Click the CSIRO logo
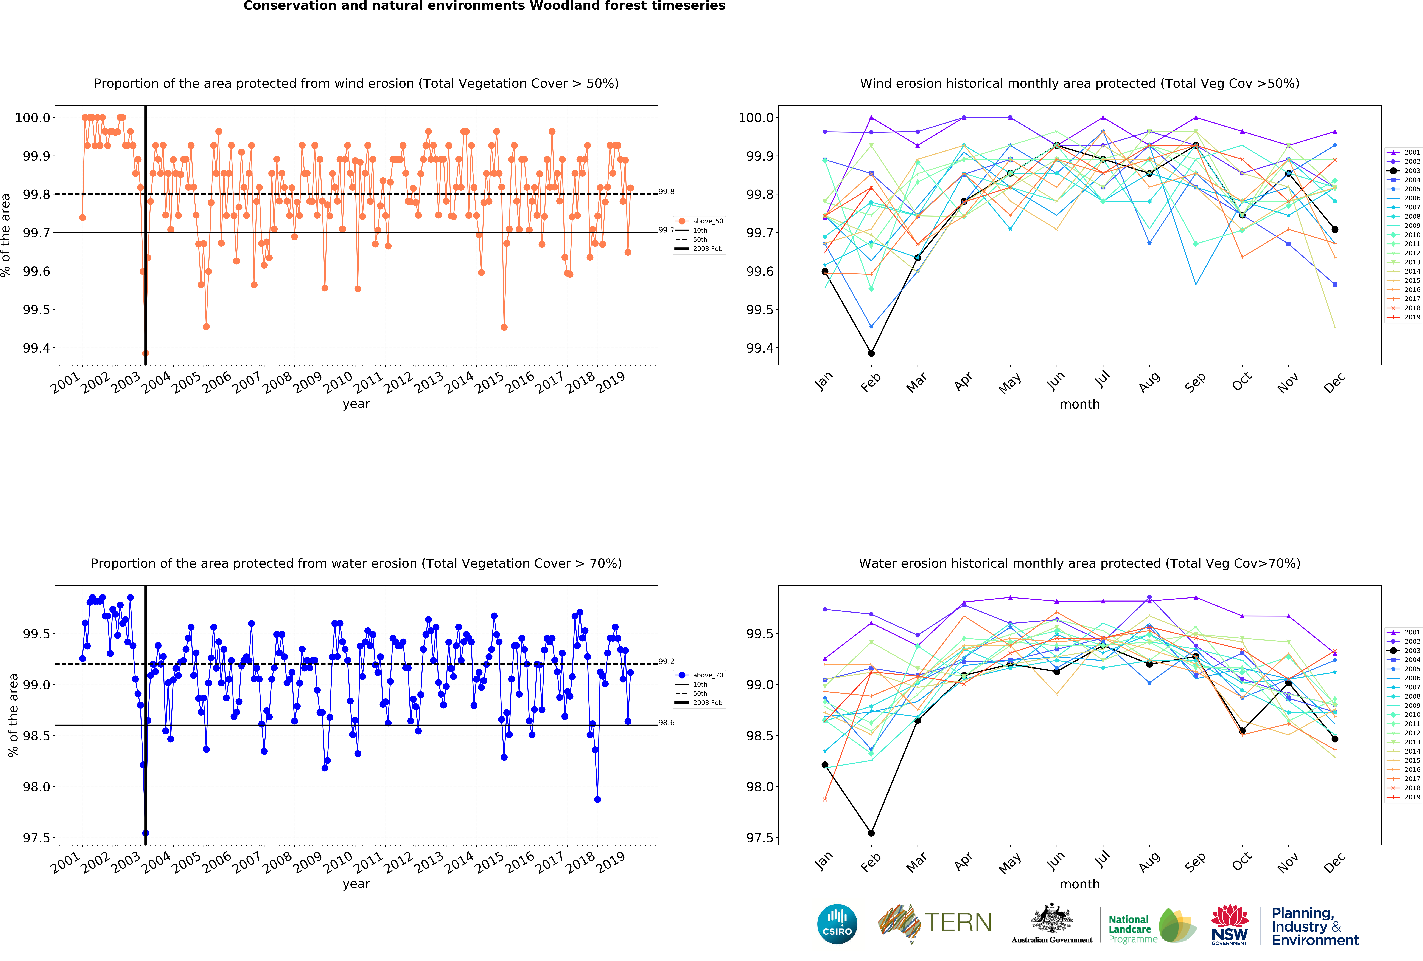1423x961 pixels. click(x=837, y=924)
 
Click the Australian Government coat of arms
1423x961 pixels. click(x=1051, y=918)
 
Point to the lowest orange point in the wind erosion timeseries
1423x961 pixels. click(x=145, y=353)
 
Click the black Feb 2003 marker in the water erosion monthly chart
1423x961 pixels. click(x=871, y=833)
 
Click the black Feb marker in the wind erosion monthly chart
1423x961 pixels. click(x=871, y=353)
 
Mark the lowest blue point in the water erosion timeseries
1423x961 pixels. click(x=145, y=833)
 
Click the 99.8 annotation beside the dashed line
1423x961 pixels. click(x=666, y=192)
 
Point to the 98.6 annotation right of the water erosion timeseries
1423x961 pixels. click(x=666, y=723)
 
